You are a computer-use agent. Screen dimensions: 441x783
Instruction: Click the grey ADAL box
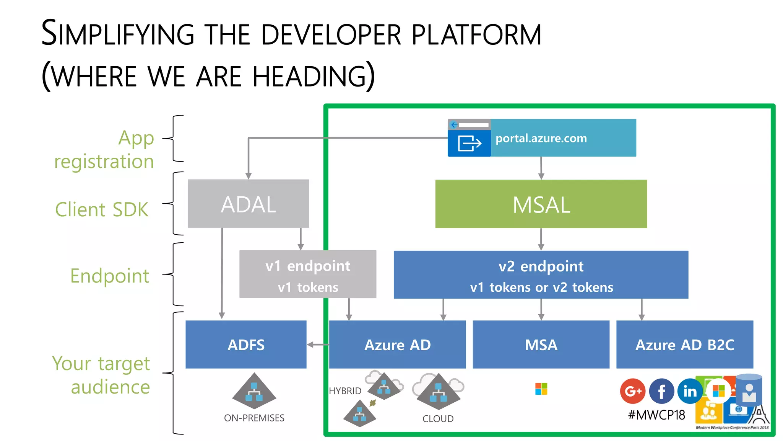coord(248,204)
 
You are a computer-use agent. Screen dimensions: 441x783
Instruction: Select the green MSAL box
coord(541,204)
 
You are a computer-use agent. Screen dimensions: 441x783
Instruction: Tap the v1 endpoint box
coord(308,274)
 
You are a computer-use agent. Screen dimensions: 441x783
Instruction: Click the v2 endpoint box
coord(541,274)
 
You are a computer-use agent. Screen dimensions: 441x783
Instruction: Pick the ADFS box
coord(246,345)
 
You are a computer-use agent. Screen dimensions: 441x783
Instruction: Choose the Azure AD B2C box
coord(684,345)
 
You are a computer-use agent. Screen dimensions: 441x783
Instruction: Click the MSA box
coord(541,345)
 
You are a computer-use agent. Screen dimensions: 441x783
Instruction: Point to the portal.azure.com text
coord(541,138)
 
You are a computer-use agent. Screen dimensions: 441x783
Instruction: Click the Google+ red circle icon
coord(633,391)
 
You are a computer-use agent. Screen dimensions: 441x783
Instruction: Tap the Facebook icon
coord(661,391)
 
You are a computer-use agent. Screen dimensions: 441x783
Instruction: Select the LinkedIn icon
coord(690,391)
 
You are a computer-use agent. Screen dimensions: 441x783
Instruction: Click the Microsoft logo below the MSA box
coord(541,389)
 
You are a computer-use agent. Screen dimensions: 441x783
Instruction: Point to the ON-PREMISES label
coord(254,418)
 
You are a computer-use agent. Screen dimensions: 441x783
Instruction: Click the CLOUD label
coord(438,419)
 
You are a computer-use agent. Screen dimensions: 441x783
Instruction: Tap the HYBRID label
coord(345,391)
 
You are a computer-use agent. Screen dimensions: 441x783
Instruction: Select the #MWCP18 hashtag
coord(656,415)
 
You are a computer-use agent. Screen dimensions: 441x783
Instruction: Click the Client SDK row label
coord(102,209)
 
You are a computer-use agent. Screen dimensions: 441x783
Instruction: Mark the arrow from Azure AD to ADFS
coord(318,345)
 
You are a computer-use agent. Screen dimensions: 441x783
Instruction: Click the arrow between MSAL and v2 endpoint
coord(541,239)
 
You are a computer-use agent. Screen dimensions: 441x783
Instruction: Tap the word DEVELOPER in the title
coord(331,34)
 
